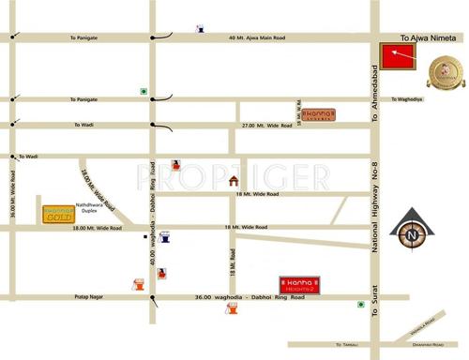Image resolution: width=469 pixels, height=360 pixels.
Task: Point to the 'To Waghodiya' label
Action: coord(410,98)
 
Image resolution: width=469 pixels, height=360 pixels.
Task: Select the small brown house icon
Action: coord(234,180)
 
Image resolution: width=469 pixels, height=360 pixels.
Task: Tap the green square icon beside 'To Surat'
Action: coord(360,305)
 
